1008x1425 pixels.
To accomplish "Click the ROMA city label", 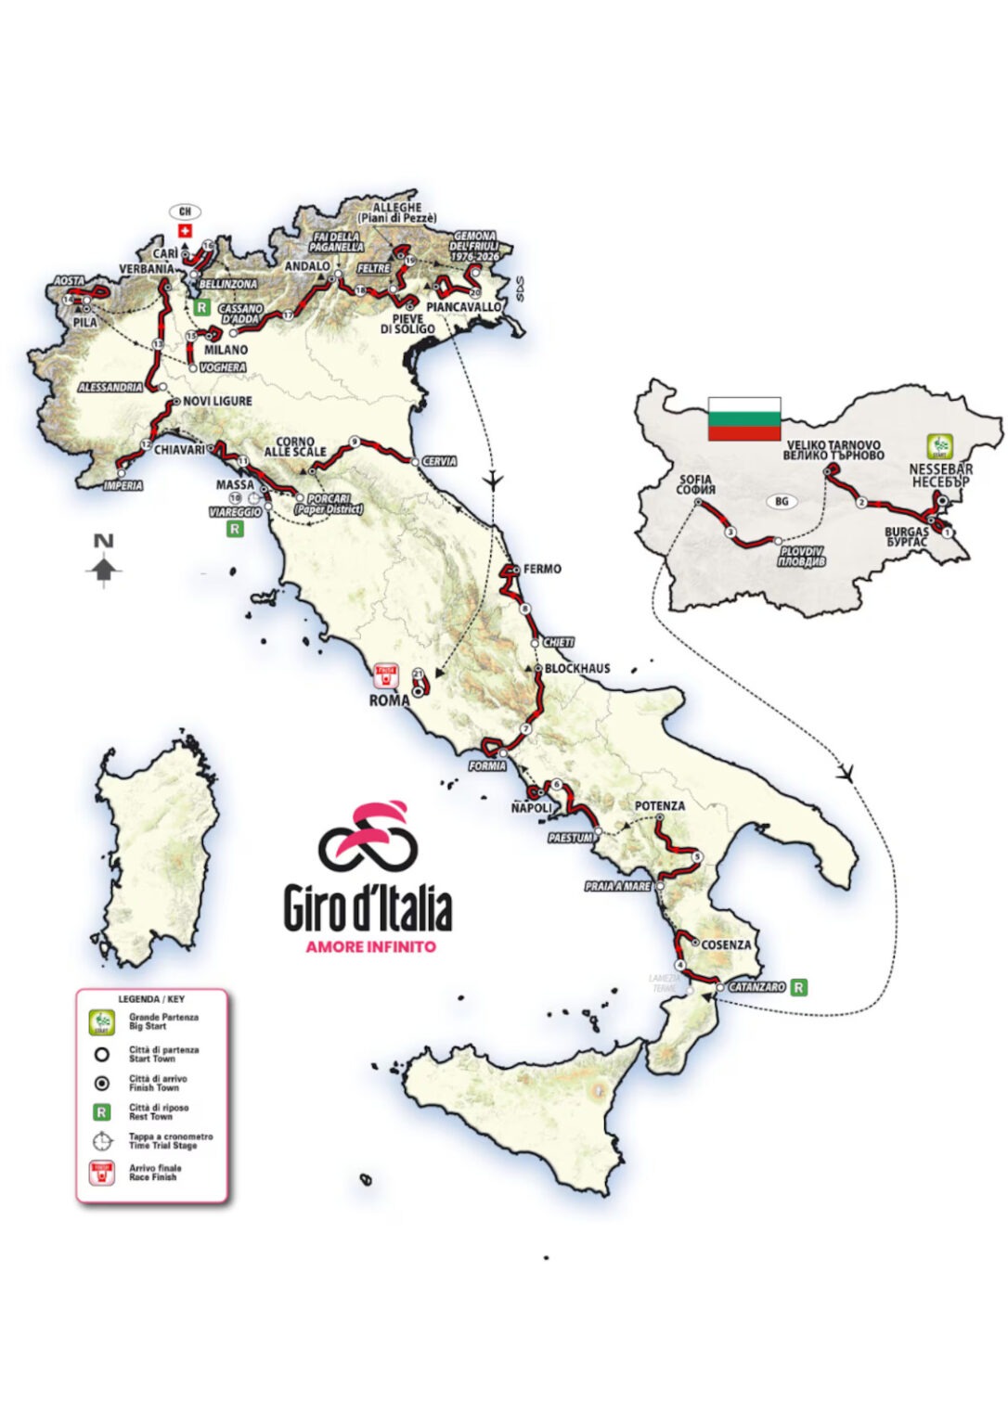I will coord(389,700).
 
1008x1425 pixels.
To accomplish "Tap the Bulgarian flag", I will coord(743,418).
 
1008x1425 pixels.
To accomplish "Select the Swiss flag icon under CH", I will coord(185,230).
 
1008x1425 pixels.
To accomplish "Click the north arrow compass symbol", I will coord(104,562).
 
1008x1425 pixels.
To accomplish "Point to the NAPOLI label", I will coord(532,808).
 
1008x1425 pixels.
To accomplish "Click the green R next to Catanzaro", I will coord(798,987).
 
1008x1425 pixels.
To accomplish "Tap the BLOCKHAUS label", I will coord(577,668).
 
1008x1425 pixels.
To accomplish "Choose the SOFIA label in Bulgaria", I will coord(695,484).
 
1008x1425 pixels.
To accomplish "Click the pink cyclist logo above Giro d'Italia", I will coord(368,832).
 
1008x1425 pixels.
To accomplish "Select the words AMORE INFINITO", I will coord(370,947).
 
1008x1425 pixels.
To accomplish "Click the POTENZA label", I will coord(660,806).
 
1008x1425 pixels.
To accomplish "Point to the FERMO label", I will coord(542,569).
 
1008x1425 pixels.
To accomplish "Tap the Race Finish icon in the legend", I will coord(101,1173).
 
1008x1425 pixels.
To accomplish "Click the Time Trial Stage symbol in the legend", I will coord(102,1141).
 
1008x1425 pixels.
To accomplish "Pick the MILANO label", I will coord(226,350).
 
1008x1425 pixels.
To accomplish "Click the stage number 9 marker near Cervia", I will coord(355,442).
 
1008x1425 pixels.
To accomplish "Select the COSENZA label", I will coord(726,944).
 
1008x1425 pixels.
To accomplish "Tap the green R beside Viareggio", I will coord(235,529).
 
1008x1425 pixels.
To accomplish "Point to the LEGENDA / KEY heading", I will coord(151,999).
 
